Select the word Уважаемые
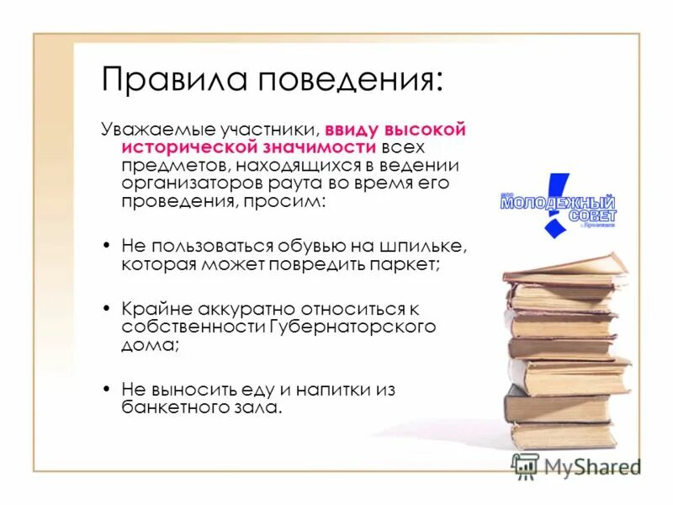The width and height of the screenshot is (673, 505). click(x=157, y=130)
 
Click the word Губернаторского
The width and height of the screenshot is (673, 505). click(x=352, y=326)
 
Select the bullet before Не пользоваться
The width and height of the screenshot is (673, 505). click(x=106, y=247)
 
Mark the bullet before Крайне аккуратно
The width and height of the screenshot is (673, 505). click(x=106, y=308)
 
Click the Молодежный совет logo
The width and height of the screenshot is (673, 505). click(x=558, y=205)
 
